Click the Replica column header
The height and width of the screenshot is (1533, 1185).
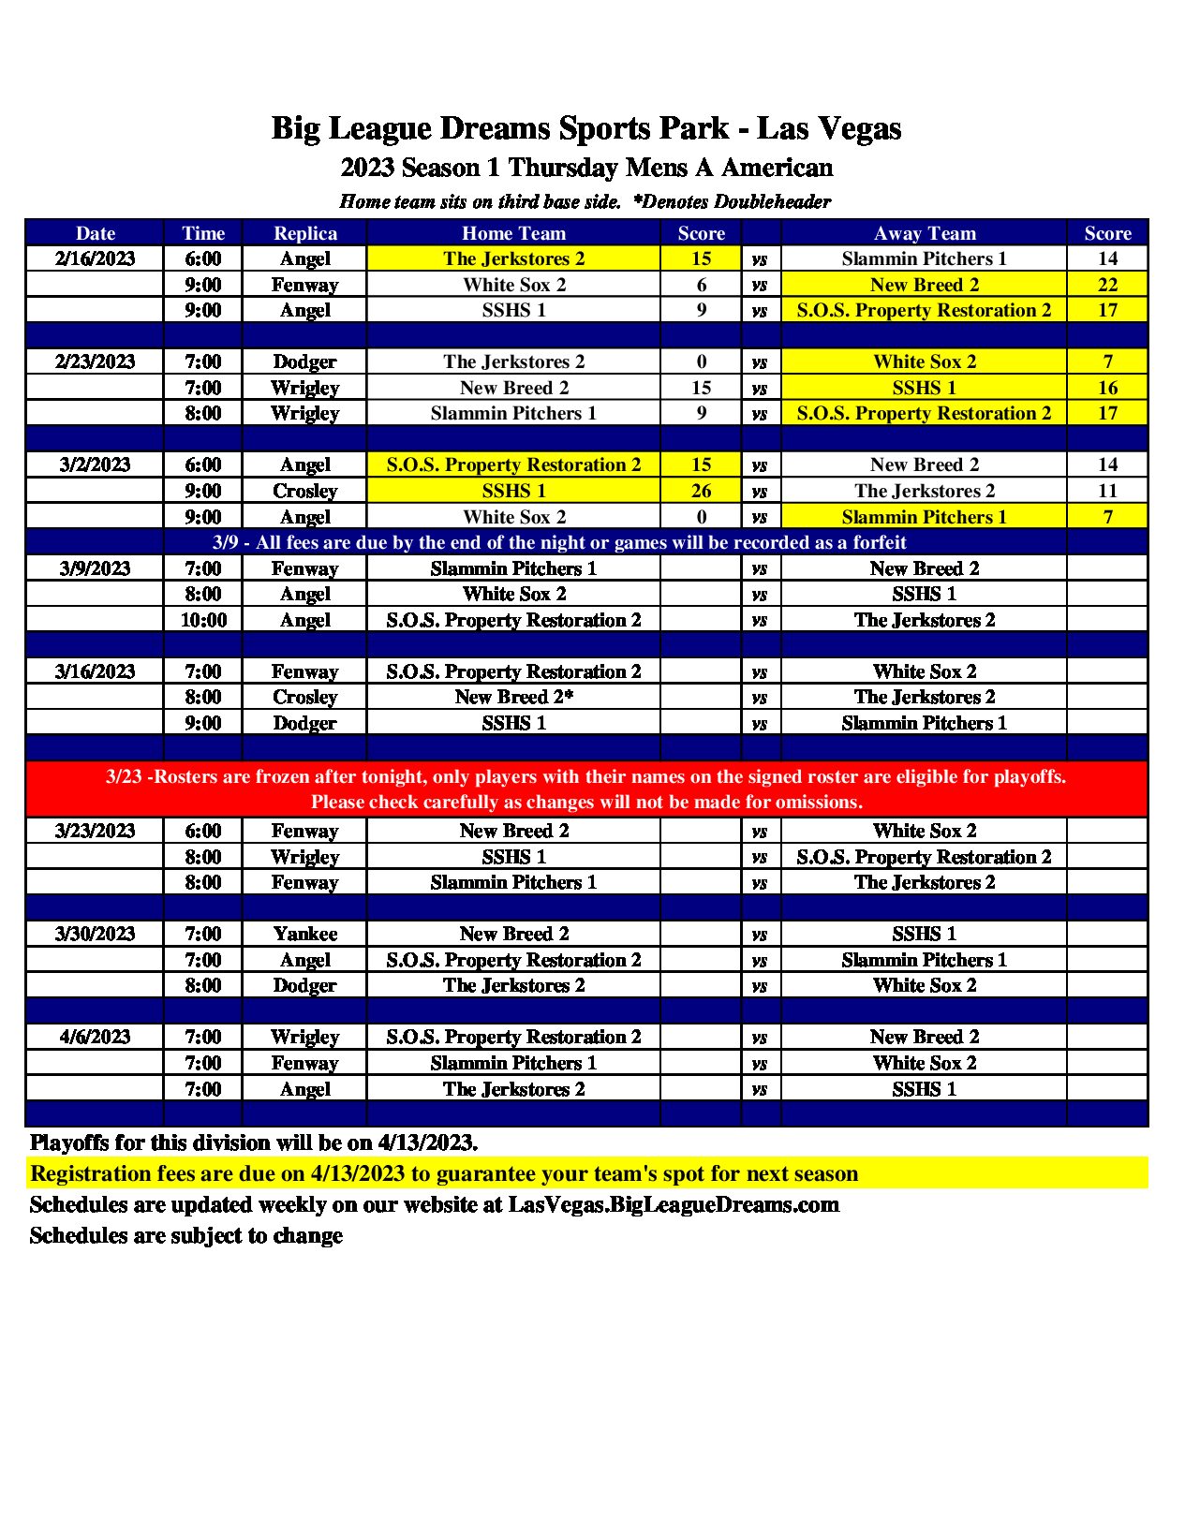tap(304, 233)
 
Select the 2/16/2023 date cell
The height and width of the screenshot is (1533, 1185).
tap(95, 258)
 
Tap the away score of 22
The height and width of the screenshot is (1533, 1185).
tap(1107, 285)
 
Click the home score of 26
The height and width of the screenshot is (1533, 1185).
tap(701, 491)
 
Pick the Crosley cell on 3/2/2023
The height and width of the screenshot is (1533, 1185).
tap(304, 491)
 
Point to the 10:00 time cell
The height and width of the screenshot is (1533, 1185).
tap(203, 620)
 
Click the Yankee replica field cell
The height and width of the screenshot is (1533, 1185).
tap(304, 934)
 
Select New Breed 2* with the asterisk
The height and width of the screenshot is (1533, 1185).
tap(513, 697)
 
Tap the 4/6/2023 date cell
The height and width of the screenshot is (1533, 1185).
tap(95, 1037)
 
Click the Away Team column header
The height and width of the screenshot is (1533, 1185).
tap(925, 233)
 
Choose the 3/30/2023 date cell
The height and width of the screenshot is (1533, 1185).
tap(95, 934)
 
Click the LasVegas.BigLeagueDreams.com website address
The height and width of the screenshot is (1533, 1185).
tap(674, 1204)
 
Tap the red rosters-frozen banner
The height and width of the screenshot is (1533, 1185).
tap(586, 789)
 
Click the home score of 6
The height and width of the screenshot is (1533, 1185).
tap(701, 285)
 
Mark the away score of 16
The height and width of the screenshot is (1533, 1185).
tap(1107, 388)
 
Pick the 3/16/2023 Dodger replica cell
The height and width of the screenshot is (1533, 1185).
tap(304, 723)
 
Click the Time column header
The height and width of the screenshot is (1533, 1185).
tap(203, 233)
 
